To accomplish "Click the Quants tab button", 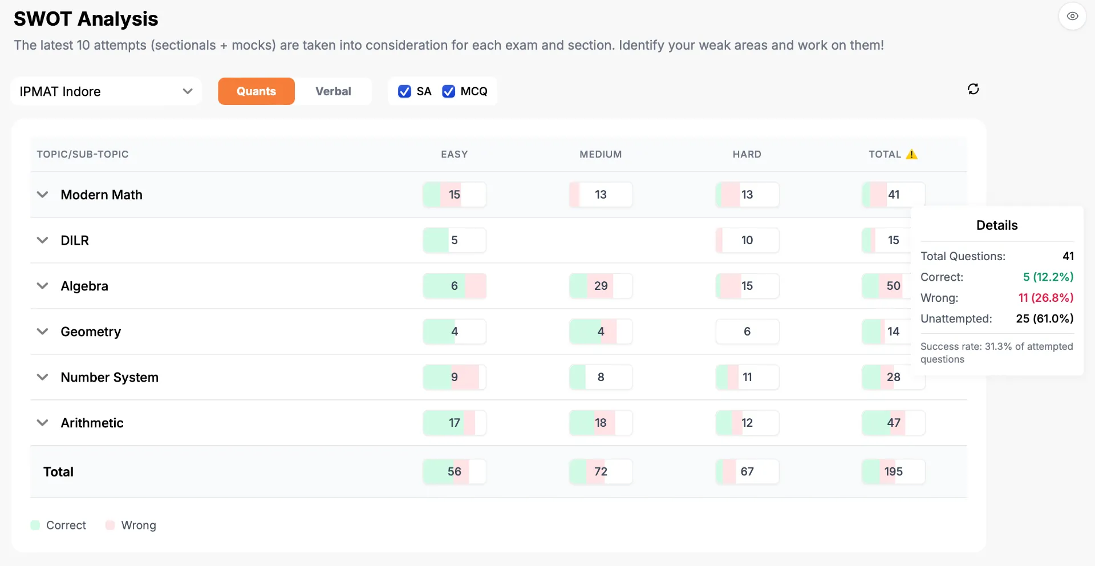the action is pyautogui.click(x=256, y=91).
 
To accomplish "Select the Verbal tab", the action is pyautogui.click(x=333, y=91).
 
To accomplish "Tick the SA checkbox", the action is pyautogui.click(x=404, y=91).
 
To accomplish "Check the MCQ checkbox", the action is pyautogui.click(x=449, y=91).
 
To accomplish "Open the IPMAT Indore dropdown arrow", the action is pyautogui.click(x=188, y=91).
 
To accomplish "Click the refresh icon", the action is pyautogui.click(x=974, y=89).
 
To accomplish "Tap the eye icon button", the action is pyautogui.click(x=1072, y=16).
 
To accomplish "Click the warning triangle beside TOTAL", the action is pyautogui.click(x=911, y=154).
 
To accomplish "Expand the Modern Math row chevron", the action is pyautogui.click(x=42, y=195).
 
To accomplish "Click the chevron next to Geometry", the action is pyautogui.click(x=42, y=331).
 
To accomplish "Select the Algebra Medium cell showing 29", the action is pyautogui.click(x=601, y=286).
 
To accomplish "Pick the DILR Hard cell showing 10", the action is pyautogui.click(x=747, y=240).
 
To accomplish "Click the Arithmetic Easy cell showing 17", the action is pyautogui.click(x=455, y=423).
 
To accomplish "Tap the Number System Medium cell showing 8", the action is pyautogui.click(x=601, y=377).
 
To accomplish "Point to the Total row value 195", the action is pyautogui.click(x=894, y=472).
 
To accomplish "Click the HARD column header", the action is pyautogui.click(x=747, y=154).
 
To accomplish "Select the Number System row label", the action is pyautogui.click(x=109, y=377).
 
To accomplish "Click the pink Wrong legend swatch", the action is pyautogui.click(x=110, y=525).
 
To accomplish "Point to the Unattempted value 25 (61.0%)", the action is pyautogui.click(x=1045, y=318).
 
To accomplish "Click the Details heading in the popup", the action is pyautogui.click(x=997, y=225).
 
